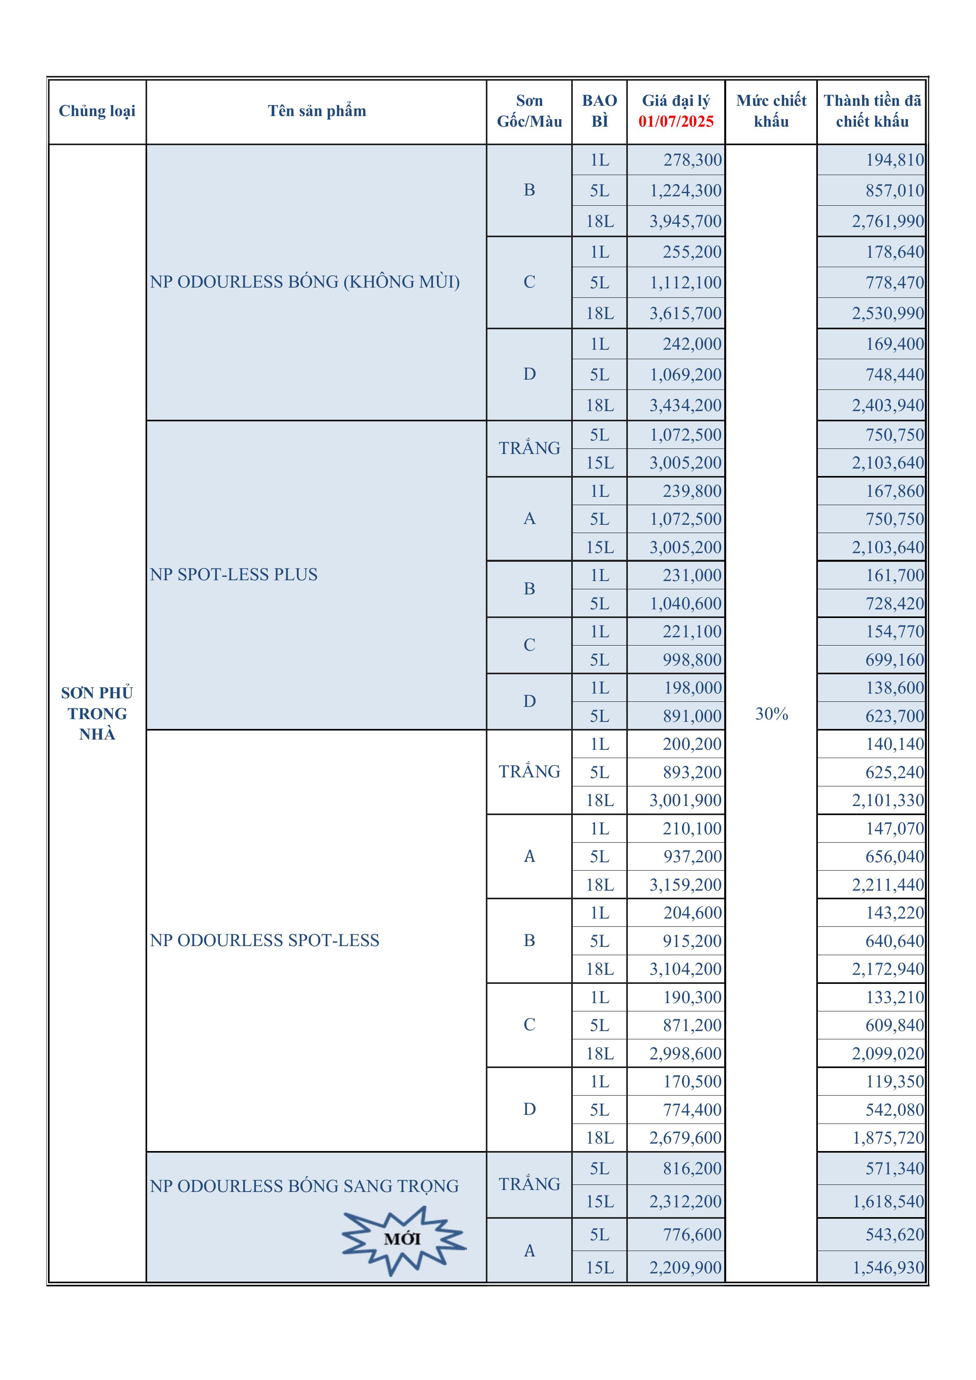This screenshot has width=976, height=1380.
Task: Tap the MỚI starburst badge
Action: pyautogui.click(x=403, y=1239)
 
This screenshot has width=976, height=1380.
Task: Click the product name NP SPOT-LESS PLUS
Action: pyautogui.click(x=234, y=575)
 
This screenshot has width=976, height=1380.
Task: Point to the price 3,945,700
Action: pyautogui.click(x=685, y=221)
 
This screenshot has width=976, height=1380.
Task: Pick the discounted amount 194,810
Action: pyautogui.click(x=894, y=160)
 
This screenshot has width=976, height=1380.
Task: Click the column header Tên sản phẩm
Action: pyautogui.click(x=317, y=111)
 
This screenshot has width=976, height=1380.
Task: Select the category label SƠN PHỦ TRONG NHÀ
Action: pyautogui.click(x=97, y=714)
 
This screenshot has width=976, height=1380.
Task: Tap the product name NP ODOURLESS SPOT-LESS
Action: pyautogui.click(x=264, y=940)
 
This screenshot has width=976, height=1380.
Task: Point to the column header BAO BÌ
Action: pyautogui.click(x=599, y=111)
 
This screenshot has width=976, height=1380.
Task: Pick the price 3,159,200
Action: pyautogui.click(x=685, y=885)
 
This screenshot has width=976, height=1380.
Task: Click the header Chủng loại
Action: pyautogui.click(x=97, y=111)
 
